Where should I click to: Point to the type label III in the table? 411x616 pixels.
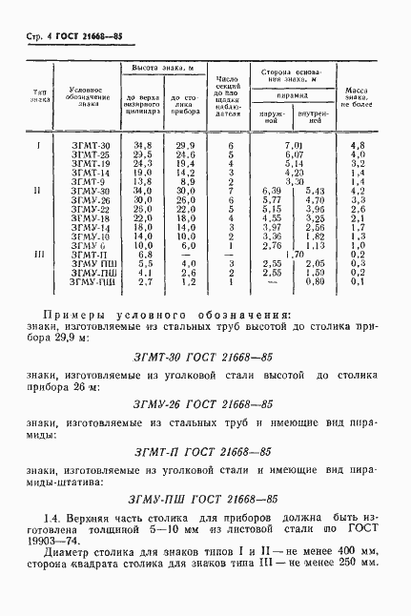39,256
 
